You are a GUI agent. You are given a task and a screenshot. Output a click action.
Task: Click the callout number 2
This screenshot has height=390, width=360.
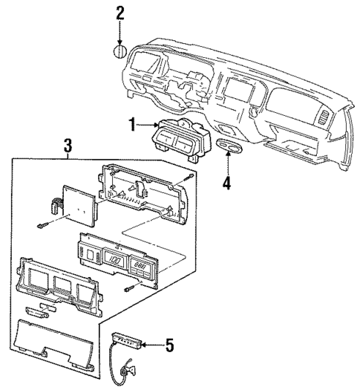pos(121,12)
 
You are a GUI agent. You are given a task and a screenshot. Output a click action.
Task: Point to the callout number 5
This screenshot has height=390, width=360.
pos(169,343)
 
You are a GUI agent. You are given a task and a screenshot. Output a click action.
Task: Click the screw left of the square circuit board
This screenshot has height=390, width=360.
pos(42,225)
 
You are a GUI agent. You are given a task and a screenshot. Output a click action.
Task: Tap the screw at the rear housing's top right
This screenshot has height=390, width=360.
pos(192,177)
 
